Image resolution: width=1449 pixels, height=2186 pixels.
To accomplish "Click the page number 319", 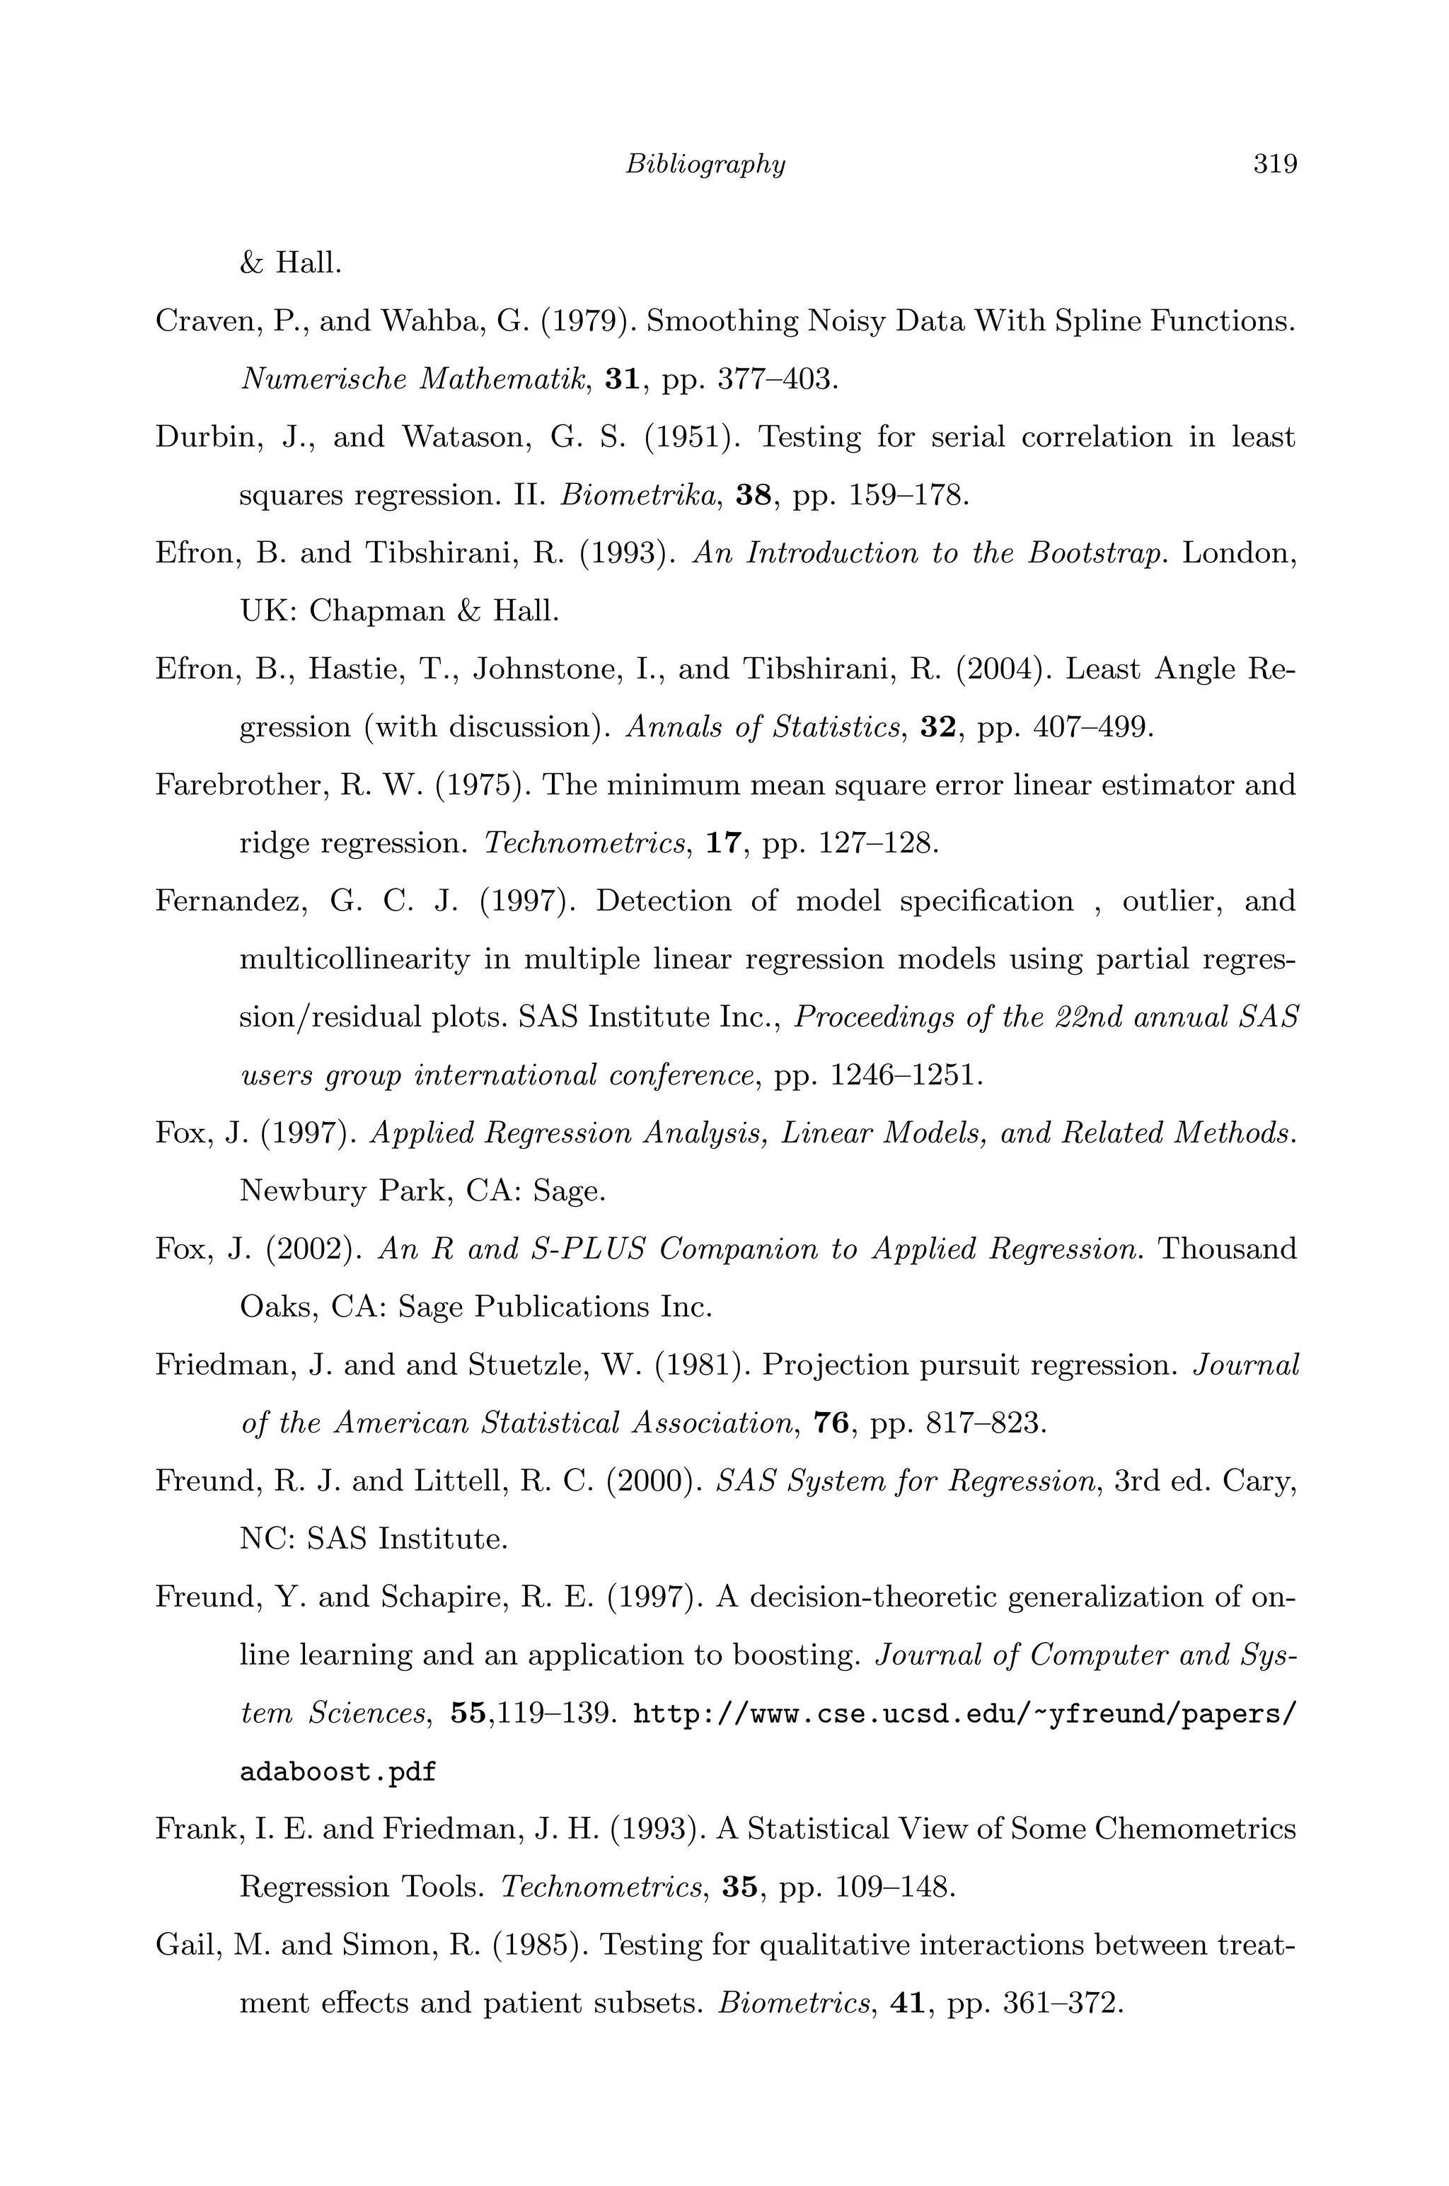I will point(1275,164).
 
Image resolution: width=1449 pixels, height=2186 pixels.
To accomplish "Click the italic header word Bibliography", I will point(705,164).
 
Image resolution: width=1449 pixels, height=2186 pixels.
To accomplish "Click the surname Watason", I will point(467,437).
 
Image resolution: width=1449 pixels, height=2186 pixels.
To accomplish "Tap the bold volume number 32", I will point(938,727).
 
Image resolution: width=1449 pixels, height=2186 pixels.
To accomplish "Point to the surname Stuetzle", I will point(519,1365).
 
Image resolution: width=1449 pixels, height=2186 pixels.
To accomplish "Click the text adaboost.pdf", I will point(337,1772).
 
